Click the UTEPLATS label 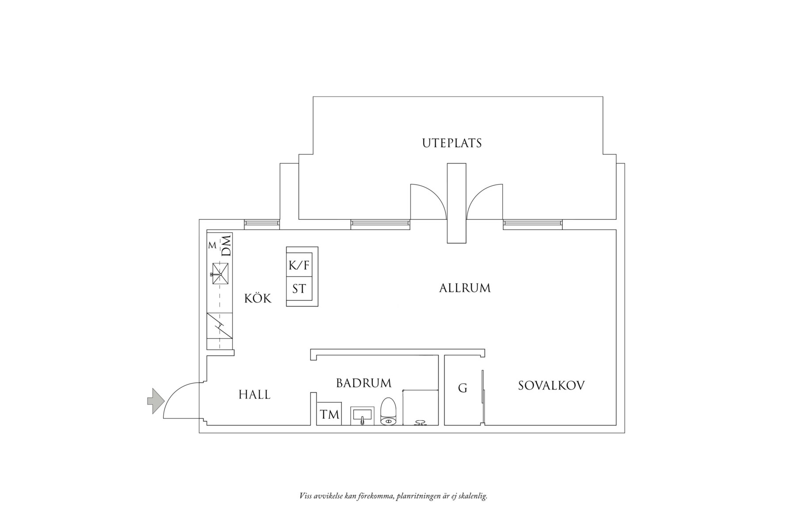[x=451, y=143]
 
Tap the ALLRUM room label [x=465, y=288]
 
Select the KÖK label [x=258, y=299]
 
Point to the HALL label [x=255, y=395]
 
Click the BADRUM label [x=364, y=383]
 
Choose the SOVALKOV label [x=551, y=385]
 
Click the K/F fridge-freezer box [x=299, y=265]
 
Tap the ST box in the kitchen [x=299, y=289]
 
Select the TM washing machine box [x=329, y=414]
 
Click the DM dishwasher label [x=226, y=245]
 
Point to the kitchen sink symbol [x=220, y=274]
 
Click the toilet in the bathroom [x=388, y=412]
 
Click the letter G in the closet [x=462, y=388]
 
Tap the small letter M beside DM [x=212, y=245]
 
